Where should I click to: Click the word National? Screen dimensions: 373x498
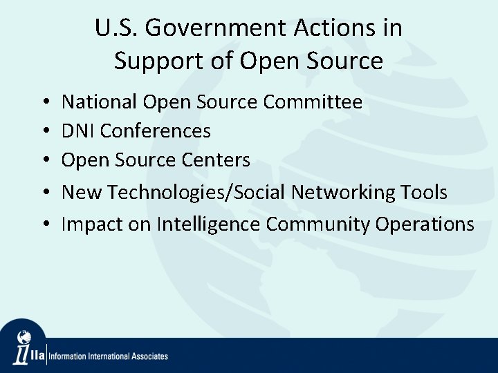100,102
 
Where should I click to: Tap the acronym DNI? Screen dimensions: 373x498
78,131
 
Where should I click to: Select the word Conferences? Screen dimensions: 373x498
156,131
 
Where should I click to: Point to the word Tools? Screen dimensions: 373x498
425,192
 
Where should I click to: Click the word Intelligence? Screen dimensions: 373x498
209,224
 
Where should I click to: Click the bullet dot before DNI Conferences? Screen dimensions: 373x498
44,131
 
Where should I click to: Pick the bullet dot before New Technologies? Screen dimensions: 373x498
44,193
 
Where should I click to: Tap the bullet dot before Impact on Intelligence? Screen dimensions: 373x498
44,224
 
